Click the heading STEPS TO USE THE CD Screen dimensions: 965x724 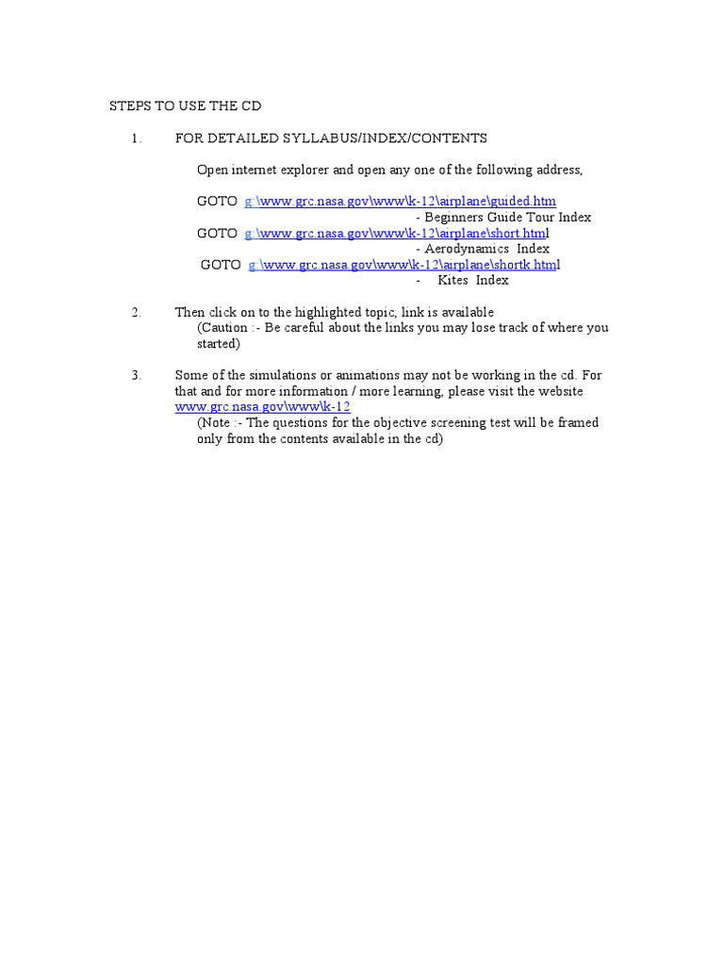click(x=186, y=106)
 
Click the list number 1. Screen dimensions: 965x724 click(x=136, y=139)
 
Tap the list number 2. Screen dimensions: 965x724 click(x=136, y=312)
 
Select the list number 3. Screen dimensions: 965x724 click(x=136, y=375)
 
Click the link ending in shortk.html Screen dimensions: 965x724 click(x=403, y=265)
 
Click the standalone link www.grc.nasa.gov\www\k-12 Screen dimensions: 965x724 click(x=263, y=407)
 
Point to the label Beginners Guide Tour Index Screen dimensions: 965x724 click(x=507, y=217)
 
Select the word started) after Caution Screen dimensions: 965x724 click(x=219, y=344)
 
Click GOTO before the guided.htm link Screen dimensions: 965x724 click(x=217, y=201)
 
